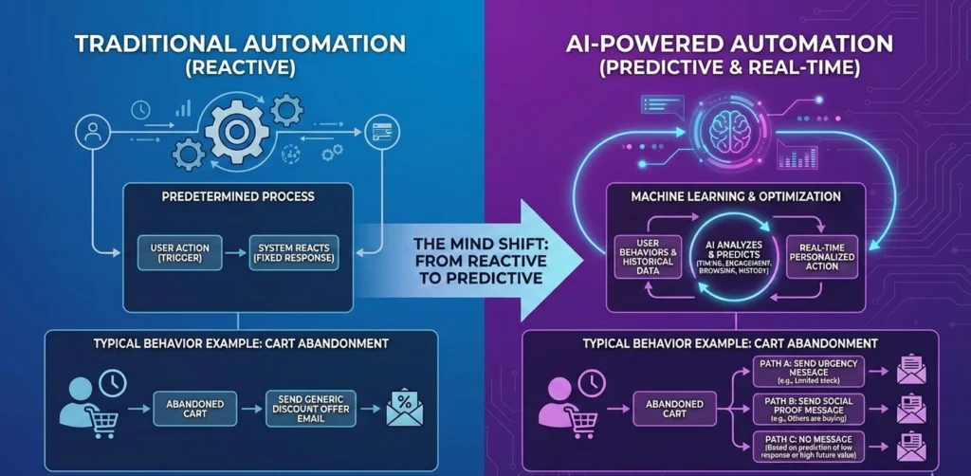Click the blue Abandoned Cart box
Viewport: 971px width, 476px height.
pyautogui.click(x=202, y=408)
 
